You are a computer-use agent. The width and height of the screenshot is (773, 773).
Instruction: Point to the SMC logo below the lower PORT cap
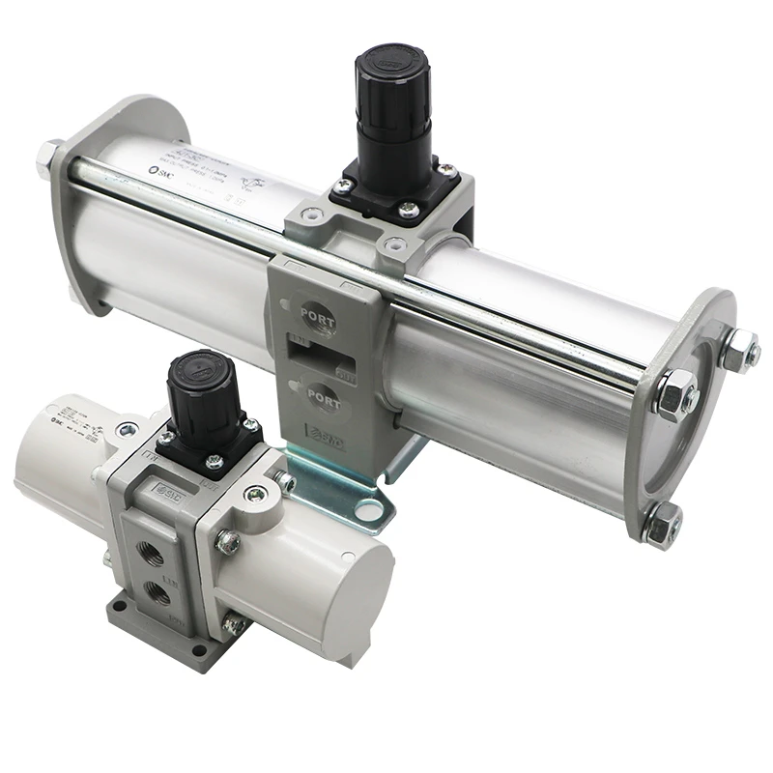tap(322, 435)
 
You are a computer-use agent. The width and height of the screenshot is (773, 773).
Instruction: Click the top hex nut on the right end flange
tap(738, 349)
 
